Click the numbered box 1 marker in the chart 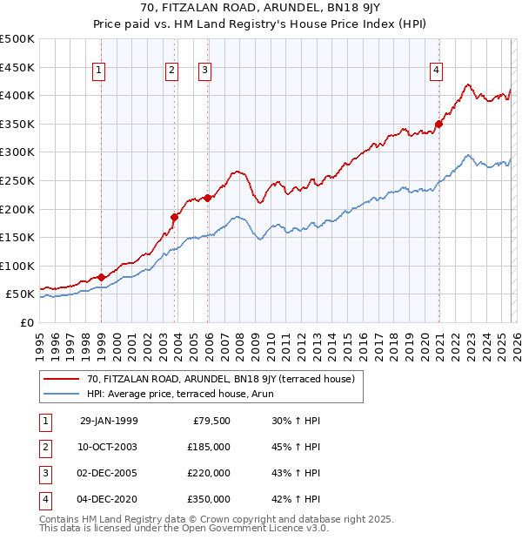click(101, 71)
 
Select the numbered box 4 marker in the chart click(435, 71)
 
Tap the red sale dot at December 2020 click(439, 124)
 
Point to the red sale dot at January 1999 click(102, 277)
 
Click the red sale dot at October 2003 click(174, 217)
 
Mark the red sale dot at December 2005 click(208, 197)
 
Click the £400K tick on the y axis click(17, 95)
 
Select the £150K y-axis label click(17, 237)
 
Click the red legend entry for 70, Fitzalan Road click(220, 379)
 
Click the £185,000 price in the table click(209, 447)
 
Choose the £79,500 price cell click(211, 421)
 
